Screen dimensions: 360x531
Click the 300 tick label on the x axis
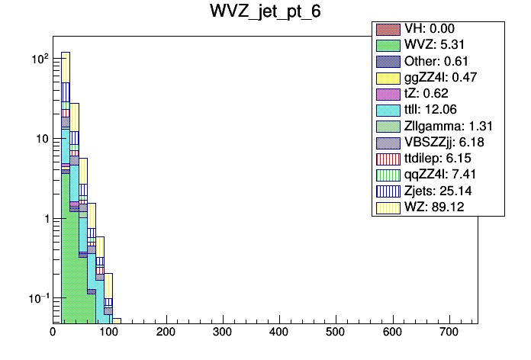(222, 333)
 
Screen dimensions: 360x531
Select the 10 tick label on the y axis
(42, 139)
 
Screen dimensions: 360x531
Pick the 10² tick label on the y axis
(40, 59)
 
